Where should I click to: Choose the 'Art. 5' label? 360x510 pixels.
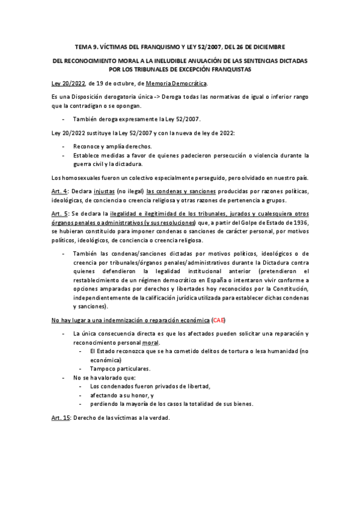59,214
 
